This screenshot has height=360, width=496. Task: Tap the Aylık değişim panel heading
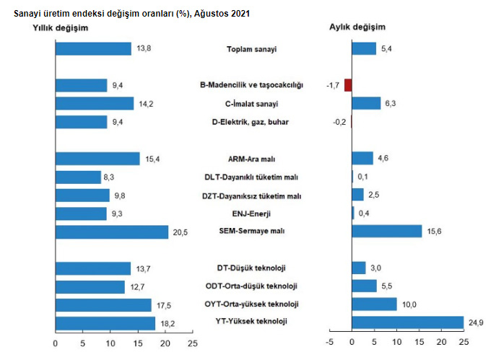(x=357, y=27)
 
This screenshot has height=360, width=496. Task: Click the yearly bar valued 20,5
(x=112, y=231)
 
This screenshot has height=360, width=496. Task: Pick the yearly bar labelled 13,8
(x=93, y=48)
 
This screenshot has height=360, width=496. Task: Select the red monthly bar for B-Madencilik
(x=348, y=85)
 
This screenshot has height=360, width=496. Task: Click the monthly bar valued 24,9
(x=408, y=322)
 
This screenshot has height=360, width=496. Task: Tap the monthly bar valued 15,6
(x=387, y=231)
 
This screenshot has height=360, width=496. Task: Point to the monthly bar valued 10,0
(x=374, y=304)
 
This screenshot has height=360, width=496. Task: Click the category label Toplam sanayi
(x=252, y=50)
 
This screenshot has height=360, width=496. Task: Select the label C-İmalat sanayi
(x=252, y=104)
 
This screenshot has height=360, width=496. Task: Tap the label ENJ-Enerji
(x=252, y=214)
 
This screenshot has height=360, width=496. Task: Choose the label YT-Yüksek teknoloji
(x=252, y=322)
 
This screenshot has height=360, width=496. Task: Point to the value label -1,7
(x=333, y=85)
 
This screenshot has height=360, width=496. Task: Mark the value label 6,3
(x=391, y=103)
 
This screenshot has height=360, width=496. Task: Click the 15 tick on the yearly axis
(x=138, y=343)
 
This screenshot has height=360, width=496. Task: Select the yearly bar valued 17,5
(x=103, y=304)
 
